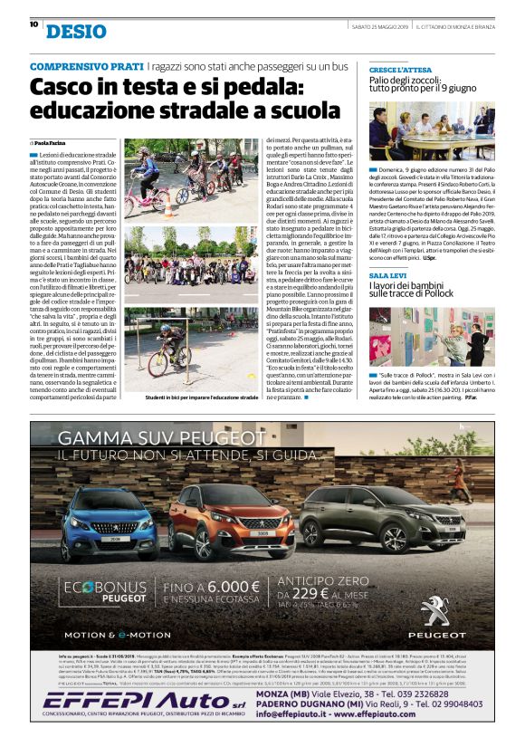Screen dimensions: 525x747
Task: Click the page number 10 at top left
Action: click(x=33, y=24)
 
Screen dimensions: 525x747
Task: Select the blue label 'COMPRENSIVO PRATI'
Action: click(x=87, y=67)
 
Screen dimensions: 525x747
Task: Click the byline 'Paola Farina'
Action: click(x=52, y=143)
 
